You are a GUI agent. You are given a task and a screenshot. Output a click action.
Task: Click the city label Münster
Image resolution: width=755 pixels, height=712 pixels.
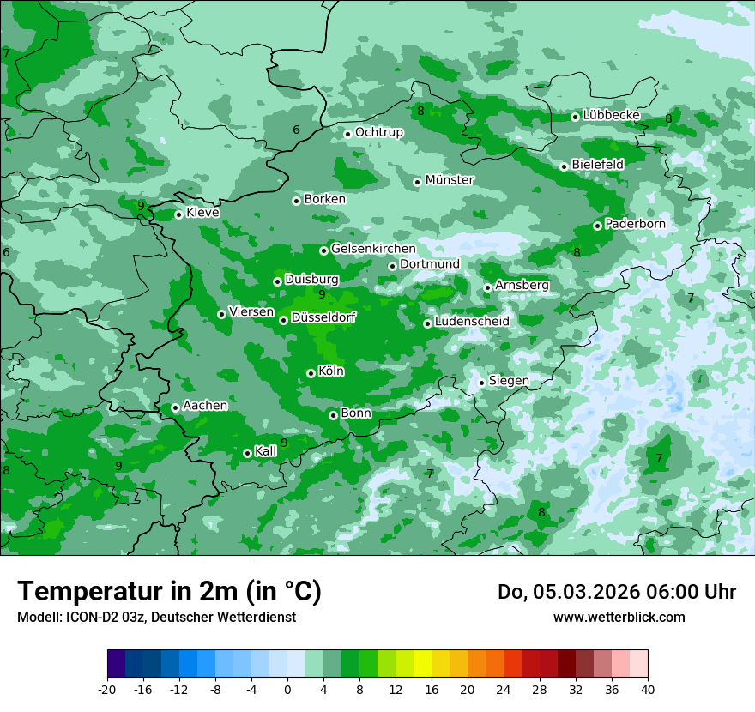click(449, 180)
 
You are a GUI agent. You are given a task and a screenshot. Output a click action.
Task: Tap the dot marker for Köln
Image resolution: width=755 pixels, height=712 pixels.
click(311, 373)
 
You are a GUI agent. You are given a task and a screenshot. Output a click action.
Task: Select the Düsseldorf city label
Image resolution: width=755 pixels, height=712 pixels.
click(323, 317)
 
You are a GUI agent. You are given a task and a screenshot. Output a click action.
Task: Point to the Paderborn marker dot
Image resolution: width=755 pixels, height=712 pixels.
click(597, 226)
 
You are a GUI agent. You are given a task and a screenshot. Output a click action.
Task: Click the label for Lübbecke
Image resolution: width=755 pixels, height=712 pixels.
click(612, 115)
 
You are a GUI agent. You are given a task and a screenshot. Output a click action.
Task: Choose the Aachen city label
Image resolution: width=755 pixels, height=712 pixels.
click(205, 406)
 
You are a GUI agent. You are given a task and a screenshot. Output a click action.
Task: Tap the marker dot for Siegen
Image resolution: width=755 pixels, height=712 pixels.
click(481, 383)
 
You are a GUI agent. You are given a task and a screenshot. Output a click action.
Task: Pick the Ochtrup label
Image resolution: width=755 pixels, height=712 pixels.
click(378, 132)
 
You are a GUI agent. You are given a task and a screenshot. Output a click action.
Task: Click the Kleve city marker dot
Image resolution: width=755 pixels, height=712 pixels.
click(178, 214)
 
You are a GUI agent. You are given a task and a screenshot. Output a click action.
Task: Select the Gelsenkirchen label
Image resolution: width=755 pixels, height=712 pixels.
click(373, 249)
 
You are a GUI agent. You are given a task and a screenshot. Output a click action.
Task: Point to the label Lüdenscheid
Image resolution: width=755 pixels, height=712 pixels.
click(472, 322)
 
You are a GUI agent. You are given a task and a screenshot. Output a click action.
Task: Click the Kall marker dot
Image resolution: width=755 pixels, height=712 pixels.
click(247, 453)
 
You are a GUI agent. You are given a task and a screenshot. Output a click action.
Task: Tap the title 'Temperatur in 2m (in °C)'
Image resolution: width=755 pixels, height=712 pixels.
click(169, 592)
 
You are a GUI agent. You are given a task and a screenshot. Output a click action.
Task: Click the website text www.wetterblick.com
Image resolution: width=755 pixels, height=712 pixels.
click(619, 617)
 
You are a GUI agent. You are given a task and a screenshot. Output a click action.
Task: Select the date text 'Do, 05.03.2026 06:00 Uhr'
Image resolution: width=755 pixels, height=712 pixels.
click(616, 592)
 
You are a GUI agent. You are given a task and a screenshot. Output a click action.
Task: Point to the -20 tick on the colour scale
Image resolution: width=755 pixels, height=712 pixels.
click(107, 690)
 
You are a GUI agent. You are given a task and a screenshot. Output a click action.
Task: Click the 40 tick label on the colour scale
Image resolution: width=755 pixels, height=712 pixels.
click(648, 690)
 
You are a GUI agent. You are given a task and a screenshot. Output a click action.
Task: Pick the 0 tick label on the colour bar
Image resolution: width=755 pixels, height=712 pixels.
click(287, 690)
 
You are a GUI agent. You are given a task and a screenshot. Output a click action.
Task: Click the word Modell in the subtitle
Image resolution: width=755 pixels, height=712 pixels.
click(39, 617)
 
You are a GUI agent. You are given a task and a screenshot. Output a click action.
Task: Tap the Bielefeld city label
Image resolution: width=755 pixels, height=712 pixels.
click(597, 164)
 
